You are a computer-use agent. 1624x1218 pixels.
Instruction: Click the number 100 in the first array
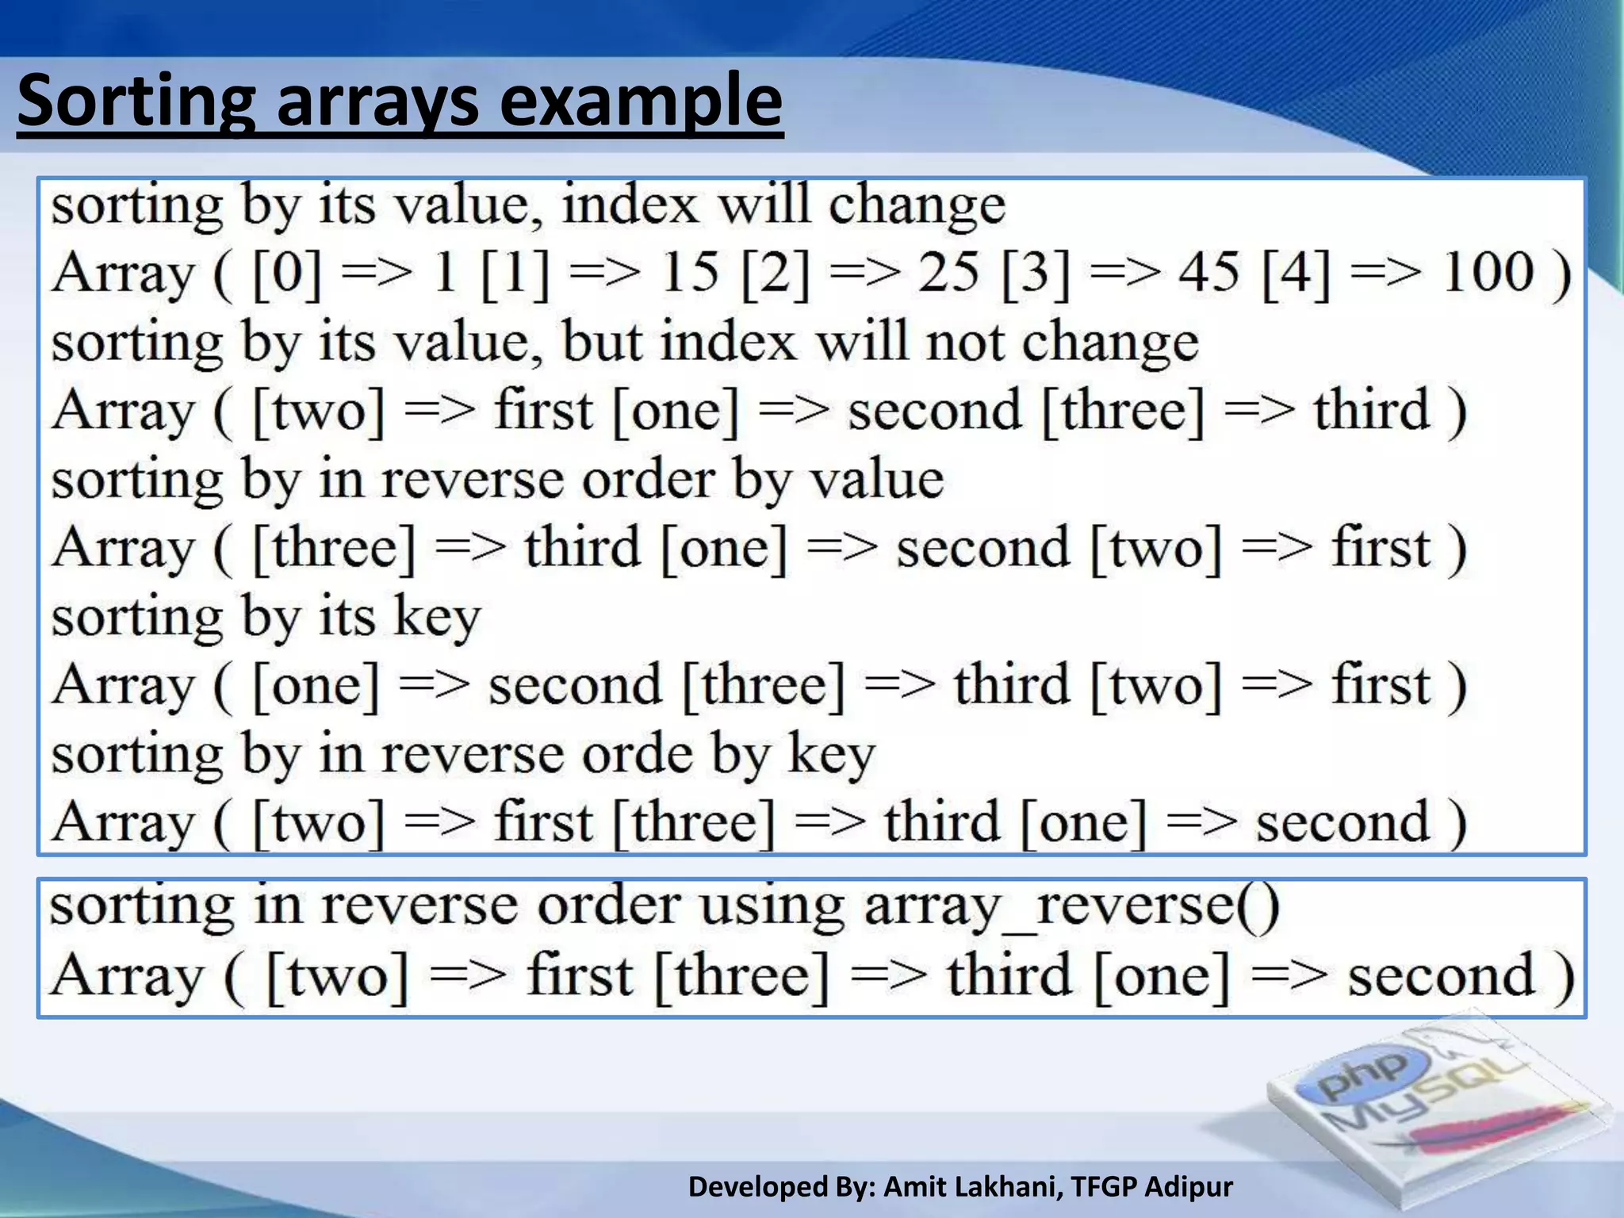pyautogui.click(x=1488, y=272)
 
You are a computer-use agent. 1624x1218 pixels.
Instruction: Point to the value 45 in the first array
pyautogui.click(x=1208, y=272)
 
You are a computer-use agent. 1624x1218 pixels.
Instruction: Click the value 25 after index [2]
pyautogui.click(x=948, y=272)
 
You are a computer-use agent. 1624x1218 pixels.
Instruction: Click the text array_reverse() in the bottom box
pyautogui.click(x=1071, y=906)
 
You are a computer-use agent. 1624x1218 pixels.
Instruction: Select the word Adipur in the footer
pyautogui.click(x=1189, y=1187)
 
